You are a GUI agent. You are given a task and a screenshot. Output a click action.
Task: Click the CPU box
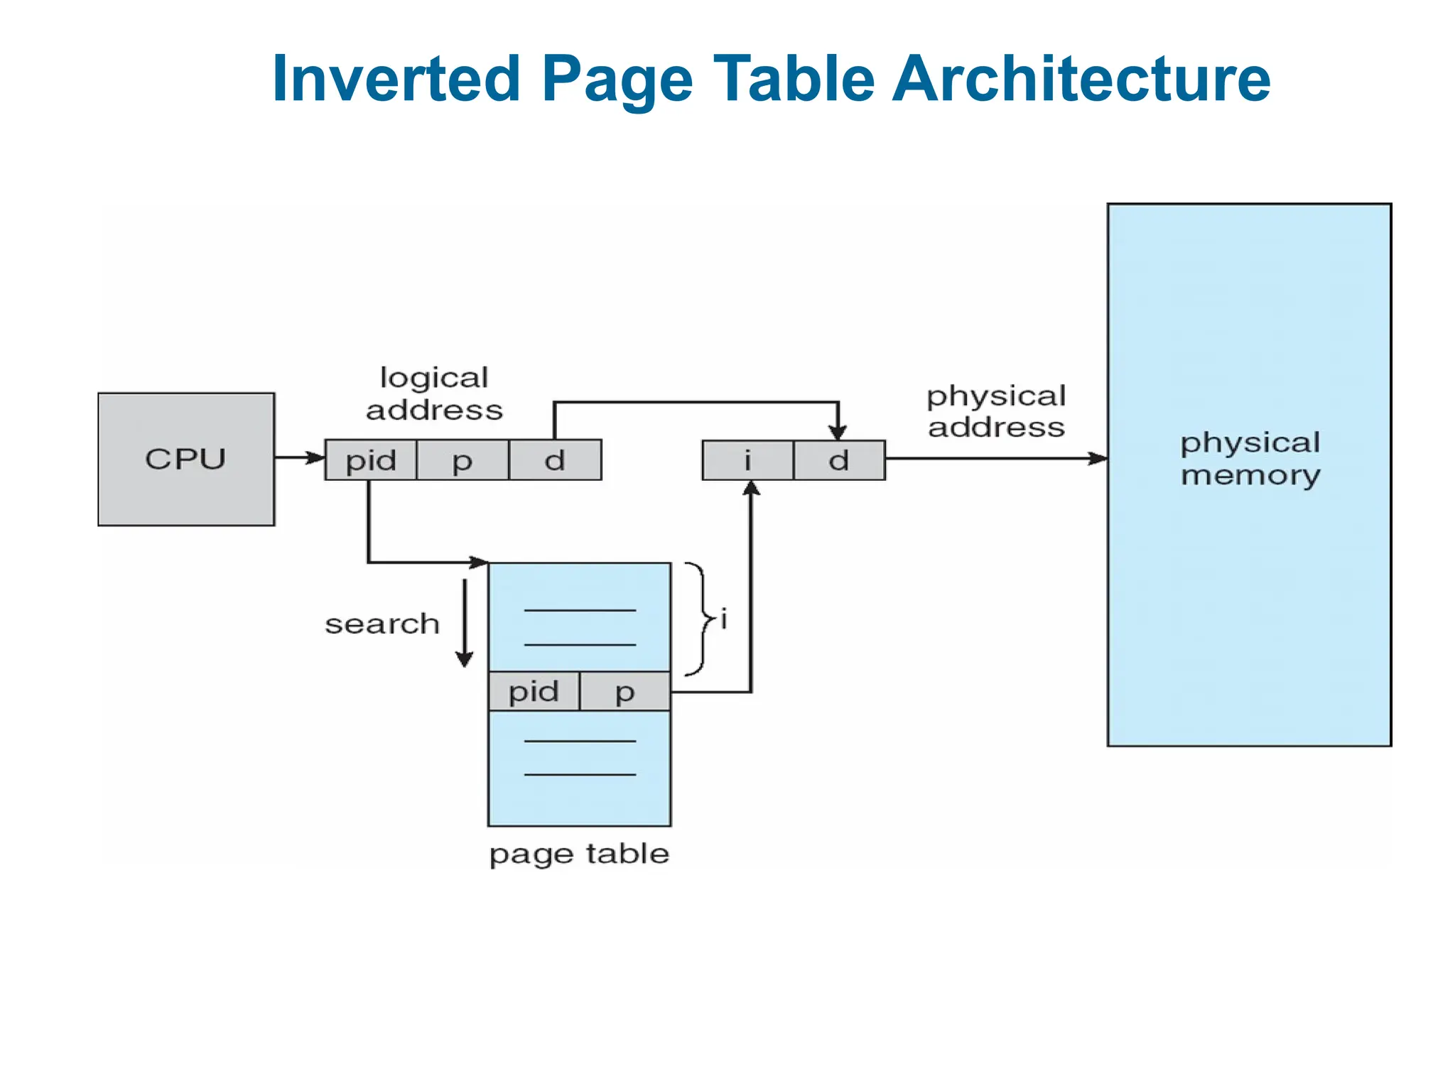tap(186, 459)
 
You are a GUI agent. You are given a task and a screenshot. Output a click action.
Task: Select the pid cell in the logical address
tap(371, 460)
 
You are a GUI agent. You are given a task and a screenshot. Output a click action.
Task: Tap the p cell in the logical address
tap(463, 460)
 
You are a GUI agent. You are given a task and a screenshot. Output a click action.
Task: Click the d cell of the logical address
tap(555, 460)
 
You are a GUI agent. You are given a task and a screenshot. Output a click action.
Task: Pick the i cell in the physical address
tap(747, 460)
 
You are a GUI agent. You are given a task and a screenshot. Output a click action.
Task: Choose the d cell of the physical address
tap(839, 460)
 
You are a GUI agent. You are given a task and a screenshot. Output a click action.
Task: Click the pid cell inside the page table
tap(534, 691)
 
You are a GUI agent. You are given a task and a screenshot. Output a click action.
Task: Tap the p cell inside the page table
tap(624, 691)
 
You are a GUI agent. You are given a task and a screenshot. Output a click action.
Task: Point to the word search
tap(382, 624)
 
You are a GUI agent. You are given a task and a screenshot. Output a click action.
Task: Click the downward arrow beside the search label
tap(465, 623)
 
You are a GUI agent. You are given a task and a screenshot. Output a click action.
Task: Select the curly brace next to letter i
tap(699, 619)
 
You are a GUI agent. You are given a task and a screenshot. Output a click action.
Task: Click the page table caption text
tap(579, 853)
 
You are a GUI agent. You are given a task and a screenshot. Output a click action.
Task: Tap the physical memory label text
tap(1250, 458)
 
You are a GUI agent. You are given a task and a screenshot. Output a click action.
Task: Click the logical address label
tap(434, 393)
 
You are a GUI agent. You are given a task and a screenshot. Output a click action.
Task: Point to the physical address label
tap(996, 411)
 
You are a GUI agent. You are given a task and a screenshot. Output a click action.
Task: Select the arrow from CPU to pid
tap(299, 457)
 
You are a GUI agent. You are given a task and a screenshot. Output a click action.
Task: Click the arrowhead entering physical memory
tap(1098, 458)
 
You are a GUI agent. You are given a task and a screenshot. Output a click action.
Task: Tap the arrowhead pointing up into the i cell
tap(751, 489)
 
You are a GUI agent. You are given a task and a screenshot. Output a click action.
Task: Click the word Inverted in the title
tap(396, 78)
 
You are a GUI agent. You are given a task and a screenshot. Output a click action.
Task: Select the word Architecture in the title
tap(1081, 78)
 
